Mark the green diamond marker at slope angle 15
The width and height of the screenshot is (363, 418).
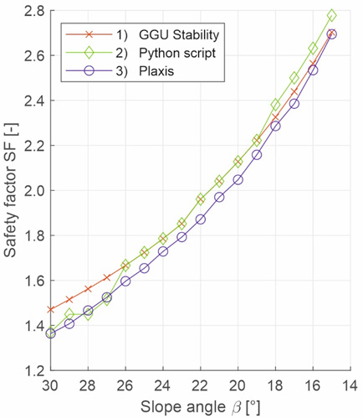tap(332, 16)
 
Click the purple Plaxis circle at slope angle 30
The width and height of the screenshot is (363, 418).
tap(50, 333)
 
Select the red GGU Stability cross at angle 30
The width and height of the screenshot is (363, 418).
tap(50, 309)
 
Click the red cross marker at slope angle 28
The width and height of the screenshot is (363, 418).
tap(88, 289)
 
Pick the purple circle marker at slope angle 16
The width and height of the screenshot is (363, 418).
tap(313, 70)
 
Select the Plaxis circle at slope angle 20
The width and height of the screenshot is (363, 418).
tap(238, 180)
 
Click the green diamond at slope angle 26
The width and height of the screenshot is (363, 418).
tap(125, 265)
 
